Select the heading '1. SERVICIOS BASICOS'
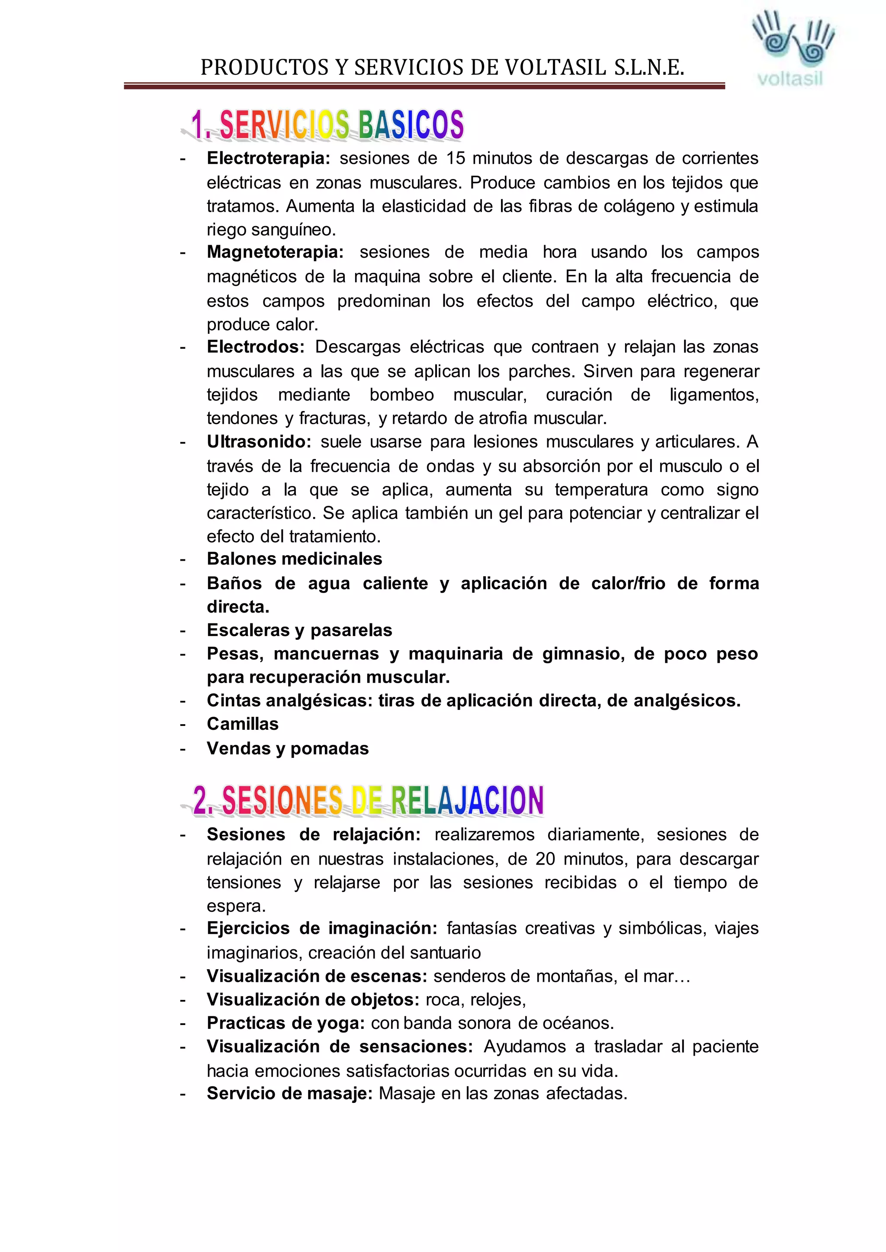(x=327, y=125)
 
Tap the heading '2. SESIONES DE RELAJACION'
(x=368, y=801)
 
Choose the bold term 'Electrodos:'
(x=255, y=347)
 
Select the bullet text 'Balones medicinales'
(x=294, y=559)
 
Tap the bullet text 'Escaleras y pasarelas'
(x=299, y=630)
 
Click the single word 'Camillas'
(x=242, y=724)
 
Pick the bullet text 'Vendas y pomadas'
(x=288, y=749)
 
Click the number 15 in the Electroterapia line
(x=456, y=158)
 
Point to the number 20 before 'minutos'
(x=545, y=859)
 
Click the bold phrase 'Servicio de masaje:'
(x=289, y=1093)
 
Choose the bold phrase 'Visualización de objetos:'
(x=313, y=1000)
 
